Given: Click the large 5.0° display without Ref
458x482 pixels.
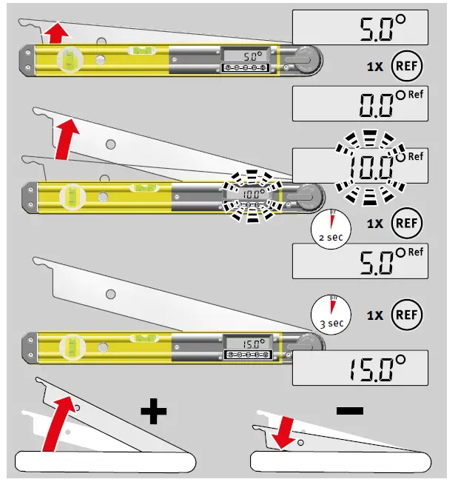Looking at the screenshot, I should (x=361, y=28).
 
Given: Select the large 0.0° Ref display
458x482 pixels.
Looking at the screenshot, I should (x=361, y=103).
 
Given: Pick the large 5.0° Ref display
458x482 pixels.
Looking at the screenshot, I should (x=361, y=263).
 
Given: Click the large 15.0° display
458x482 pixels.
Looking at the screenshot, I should (x=361, y=366).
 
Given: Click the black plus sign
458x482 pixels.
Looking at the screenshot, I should (x=155, y=410).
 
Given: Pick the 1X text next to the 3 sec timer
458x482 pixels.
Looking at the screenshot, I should (x=374, y=315).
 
